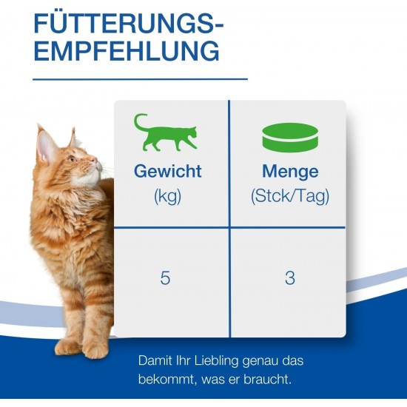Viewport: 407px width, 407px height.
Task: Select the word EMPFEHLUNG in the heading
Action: coord(127,51)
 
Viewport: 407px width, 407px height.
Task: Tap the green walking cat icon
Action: coord(166,132)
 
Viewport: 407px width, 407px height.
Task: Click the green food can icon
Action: coord(290,138)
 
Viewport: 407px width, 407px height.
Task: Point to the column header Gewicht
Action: coord(168,172)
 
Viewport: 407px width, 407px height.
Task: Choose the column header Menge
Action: coord(290,172)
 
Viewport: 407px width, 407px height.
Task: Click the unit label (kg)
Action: coord(167,195)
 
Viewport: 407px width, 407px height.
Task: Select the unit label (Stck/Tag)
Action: coord(290,195)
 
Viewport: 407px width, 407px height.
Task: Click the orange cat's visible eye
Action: coord(71,158)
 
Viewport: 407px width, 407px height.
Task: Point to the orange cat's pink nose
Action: coord(94,160)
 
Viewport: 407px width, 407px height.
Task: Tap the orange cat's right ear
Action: coord(73,138)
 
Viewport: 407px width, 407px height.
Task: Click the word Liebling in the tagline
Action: coord(216,361)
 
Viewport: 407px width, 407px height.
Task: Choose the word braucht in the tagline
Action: coord(267,380)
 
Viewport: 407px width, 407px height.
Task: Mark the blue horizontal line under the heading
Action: coord(140,79)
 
